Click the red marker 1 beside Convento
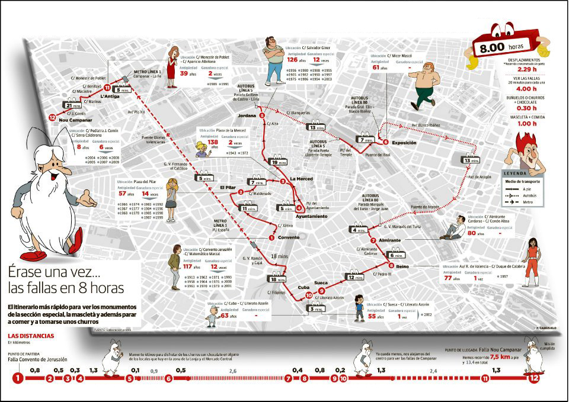tap(271, 238)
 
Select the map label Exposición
tap(405, 143)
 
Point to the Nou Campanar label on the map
tap(74, 120)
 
